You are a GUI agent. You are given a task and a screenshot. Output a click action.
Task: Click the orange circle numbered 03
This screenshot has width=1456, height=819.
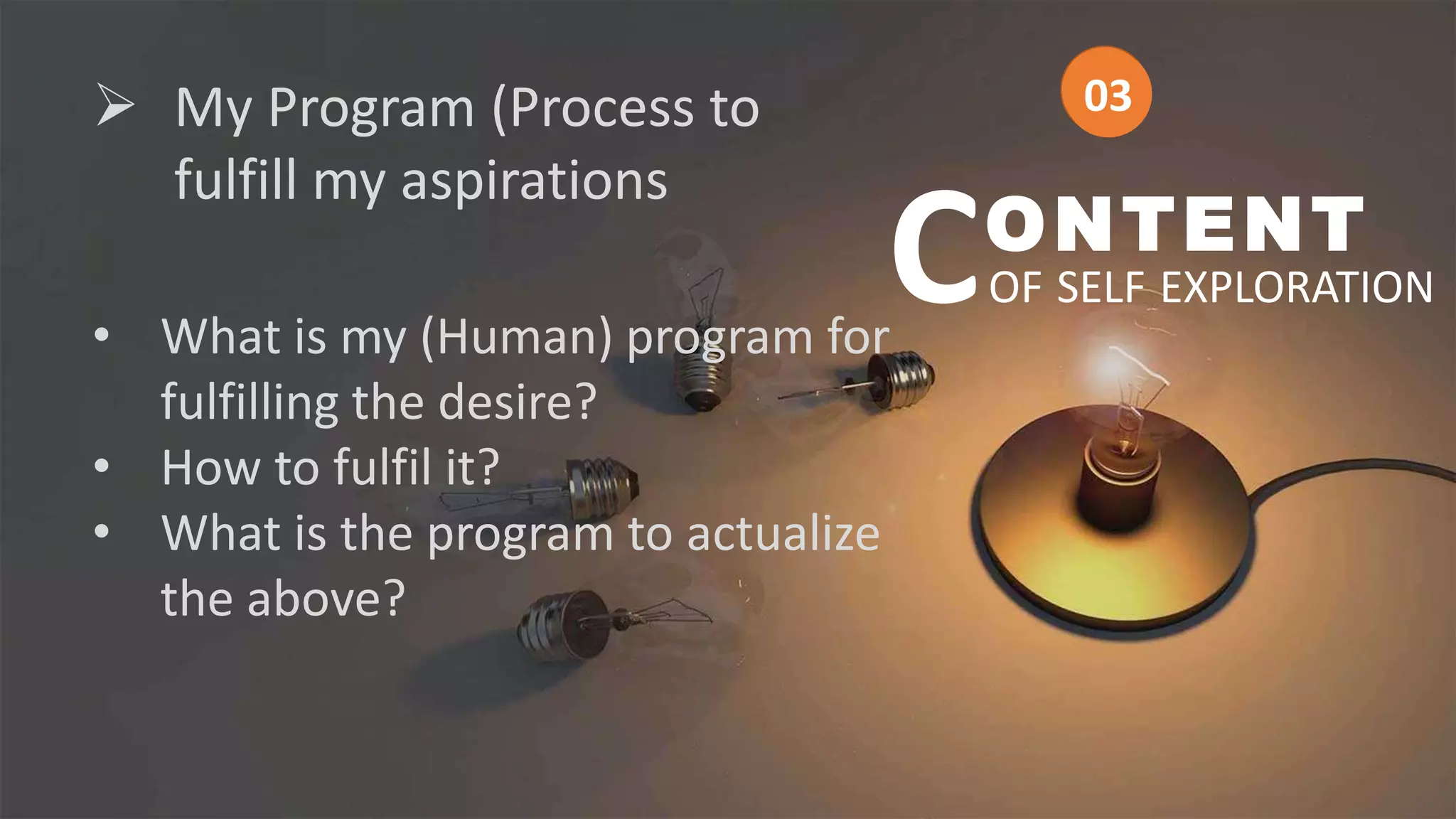[1106, 92]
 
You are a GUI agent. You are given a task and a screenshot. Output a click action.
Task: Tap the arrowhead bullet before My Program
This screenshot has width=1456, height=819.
[115, 105]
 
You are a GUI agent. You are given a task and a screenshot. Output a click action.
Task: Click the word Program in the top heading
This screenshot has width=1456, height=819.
[370, 109]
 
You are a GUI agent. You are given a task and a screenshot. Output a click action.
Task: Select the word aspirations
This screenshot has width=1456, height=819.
[534, 181]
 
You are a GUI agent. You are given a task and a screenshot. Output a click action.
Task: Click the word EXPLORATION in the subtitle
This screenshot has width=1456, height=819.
[1297, 288]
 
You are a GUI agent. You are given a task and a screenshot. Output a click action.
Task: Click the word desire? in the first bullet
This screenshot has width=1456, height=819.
[517, 402]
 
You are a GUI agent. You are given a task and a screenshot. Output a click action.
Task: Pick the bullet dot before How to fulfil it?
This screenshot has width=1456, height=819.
[102, 466]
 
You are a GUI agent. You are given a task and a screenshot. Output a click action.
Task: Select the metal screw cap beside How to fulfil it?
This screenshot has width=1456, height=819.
[601, 488]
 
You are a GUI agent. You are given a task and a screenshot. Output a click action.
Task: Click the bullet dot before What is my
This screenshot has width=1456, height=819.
[102, 335]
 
